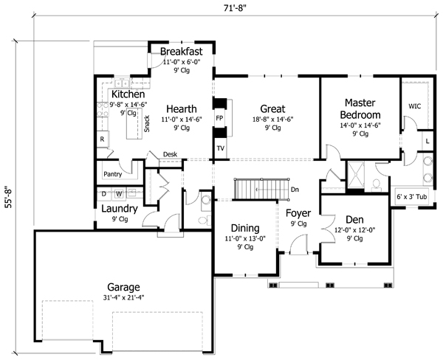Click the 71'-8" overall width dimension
[x=235, y=9]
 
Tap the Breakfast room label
[x=182, y=53]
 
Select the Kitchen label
[x=127, y=95]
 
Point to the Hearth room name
[x=180, y=108]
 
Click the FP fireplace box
[x=219, y=118]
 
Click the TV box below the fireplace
[x=220, y=148]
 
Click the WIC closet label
[x=416, y=106]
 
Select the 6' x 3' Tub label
[x=413, y=197]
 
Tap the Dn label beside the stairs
[x=294, y=190]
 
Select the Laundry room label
[x=120, y=209]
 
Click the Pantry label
[x=113, y=175]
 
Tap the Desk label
[x=170, y=154]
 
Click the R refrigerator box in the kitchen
[x=102, y=139]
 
